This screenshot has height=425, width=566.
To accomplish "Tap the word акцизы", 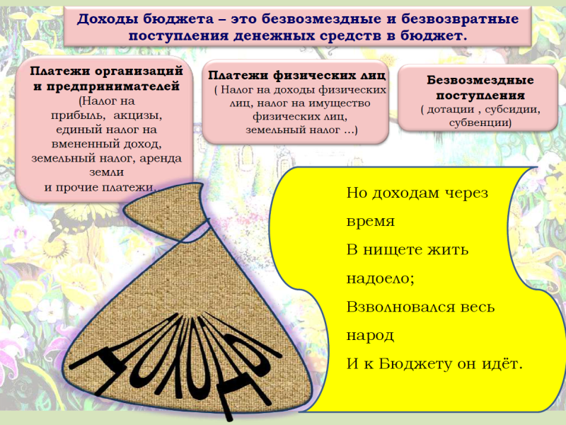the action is click(x=138, y=115).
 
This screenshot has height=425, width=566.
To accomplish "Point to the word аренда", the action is click(x=161, y=159).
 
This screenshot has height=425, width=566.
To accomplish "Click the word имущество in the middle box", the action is click(x=339, y=103).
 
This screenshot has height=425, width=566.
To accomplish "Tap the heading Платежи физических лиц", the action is click(x=296, y=75).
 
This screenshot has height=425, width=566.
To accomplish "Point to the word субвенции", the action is click(x=480, y=123).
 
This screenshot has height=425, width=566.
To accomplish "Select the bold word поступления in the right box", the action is click(x=480, y=96).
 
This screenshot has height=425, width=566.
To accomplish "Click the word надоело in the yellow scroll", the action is click(x=380, y=278).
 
